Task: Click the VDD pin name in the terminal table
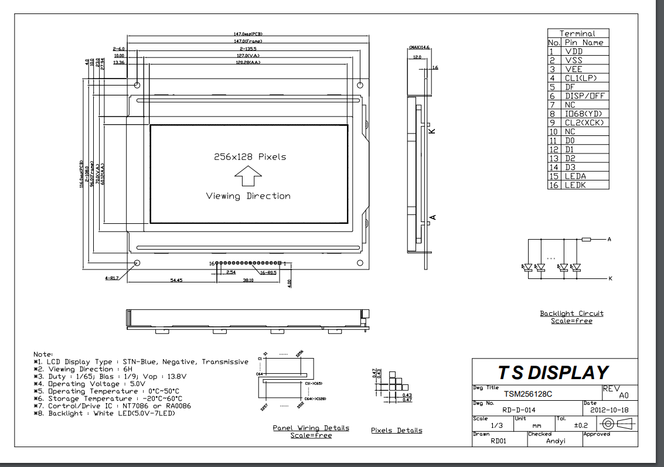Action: pyautogui.click(x=574, y=52)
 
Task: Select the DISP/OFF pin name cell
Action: pyautogui.click(x=585, y=96)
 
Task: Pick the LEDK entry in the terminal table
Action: pyautogui.click(x=575, y=185)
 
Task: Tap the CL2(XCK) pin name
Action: pyautogui.click(x=584, y=122)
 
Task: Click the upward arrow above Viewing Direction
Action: pyautogui.click(x=248, y=175)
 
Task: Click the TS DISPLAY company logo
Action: pyautogui.click(x=553, y=373)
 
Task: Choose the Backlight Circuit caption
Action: pyautogui.click(x=571, y=313)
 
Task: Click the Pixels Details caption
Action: pyautogui.click(x=396, y=431)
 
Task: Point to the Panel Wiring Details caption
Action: pyautogui.click(x=311, y=428)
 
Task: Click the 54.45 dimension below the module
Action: pyautogui.click(x=176, y=281)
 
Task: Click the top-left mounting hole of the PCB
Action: pyautogui.click(x=138, y=85)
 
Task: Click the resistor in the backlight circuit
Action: pyautogui.click(x=587, y=240)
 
